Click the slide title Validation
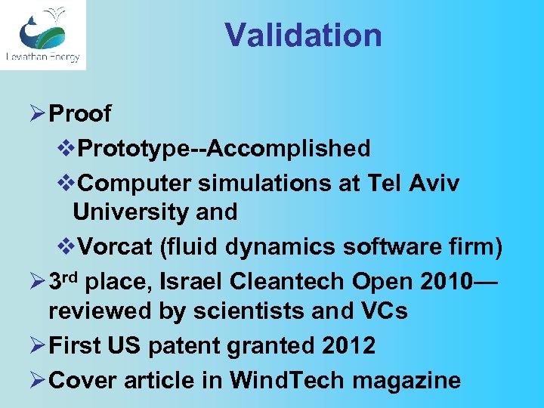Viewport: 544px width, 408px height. point(303,36)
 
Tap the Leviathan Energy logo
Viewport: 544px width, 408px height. point(42,35)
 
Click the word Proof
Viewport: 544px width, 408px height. point(79,114)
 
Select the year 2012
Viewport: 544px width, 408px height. point(346,345)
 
